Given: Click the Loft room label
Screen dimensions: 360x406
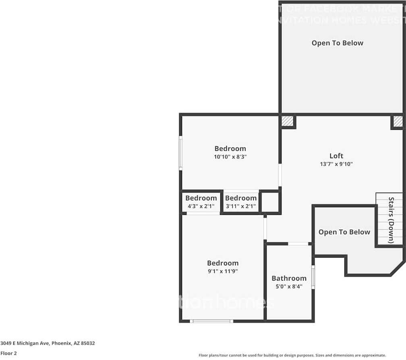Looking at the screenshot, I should (x=336, y=156).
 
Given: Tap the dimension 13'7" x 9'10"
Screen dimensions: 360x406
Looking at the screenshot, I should (x=336, y=164).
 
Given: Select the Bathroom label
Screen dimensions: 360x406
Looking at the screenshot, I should (x=289, y=278).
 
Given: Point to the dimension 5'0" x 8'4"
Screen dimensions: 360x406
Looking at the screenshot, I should (x=289, y=287).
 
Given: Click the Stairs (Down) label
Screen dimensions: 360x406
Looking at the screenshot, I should (x=391, y=220).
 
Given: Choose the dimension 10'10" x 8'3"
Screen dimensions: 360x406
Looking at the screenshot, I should (x=230, y=157).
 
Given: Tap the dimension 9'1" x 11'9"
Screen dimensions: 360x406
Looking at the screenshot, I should (x=223, y=271).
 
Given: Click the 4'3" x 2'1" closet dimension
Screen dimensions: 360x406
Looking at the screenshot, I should (x=201, y=206).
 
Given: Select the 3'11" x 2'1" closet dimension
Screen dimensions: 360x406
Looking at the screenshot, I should (x=240, y=206).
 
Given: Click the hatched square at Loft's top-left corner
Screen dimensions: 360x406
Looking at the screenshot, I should (x=287, y=121).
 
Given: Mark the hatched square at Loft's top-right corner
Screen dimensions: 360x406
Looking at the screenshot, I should (x=398, y=121).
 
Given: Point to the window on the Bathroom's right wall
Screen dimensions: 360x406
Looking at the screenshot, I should (x=313, y=277).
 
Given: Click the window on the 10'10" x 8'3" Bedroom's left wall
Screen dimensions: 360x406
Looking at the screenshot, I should (x=181, y=152).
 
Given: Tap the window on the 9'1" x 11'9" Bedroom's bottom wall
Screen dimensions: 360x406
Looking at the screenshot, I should (x=211, y=321).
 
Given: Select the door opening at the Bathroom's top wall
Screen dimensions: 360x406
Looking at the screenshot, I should (x=298, y=243).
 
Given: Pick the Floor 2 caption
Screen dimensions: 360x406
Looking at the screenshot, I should (x=8, y=354).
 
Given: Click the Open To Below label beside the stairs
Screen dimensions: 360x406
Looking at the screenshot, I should (x=344, y=232).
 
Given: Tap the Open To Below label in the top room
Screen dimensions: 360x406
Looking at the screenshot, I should (x=337, y=43).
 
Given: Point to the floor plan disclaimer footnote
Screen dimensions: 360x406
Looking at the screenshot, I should (x=292, y=355).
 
